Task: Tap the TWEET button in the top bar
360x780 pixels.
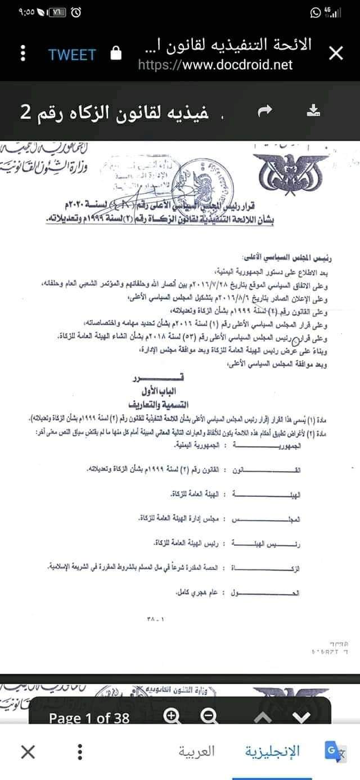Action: coord(72,55)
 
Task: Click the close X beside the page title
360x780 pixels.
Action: coord(335,54)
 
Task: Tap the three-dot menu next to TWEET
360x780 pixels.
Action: coord(23,54)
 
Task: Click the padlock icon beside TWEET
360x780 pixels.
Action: coord(116,54)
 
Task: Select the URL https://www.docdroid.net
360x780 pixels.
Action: coord(215,65)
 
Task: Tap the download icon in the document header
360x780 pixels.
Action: coord(313,111)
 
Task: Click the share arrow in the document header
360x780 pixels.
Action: coord(264,112)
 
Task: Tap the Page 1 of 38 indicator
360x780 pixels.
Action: coord(89,718)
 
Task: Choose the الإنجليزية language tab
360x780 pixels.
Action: coord(273,751)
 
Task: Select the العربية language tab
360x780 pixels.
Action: coord(197,751)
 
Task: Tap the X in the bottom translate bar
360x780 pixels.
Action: coord(27,751)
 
